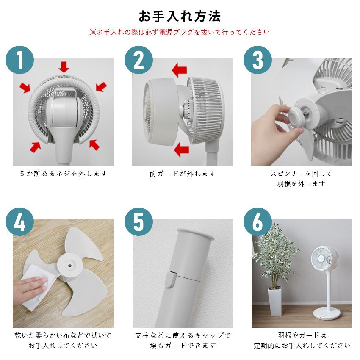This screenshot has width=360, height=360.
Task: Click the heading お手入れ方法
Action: (x=180, y=16)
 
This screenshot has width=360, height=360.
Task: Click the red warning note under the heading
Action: (x=180, y=32)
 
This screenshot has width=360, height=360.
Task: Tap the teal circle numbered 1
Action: (x=19, y=61)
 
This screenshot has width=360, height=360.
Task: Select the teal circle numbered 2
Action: (x=138, y=61)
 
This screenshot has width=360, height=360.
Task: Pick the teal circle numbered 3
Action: (x=258, y=61)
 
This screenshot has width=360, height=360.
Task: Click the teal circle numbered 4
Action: (x=19, y=222)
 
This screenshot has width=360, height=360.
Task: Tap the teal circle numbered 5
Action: (x=138, y=222)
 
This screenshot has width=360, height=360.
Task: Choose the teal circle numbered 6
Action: (x=258, y=222)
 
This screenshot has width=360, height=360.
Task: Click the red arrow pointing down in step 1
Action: (x=64, y=66)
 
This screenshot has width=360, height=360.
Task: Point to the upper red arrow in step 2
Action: (x=179, y=69)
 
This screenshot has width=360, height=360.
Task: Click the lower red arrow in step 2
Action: (x=181, y=149)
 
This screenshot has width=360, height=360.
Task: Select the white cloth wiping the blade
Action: (x=36, y=288)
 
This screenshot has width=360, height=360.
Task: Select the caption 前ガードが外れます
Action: (x=182, y=174)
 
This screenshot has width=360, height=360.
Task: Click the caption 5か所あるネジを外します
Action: (x=64, y=174)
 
